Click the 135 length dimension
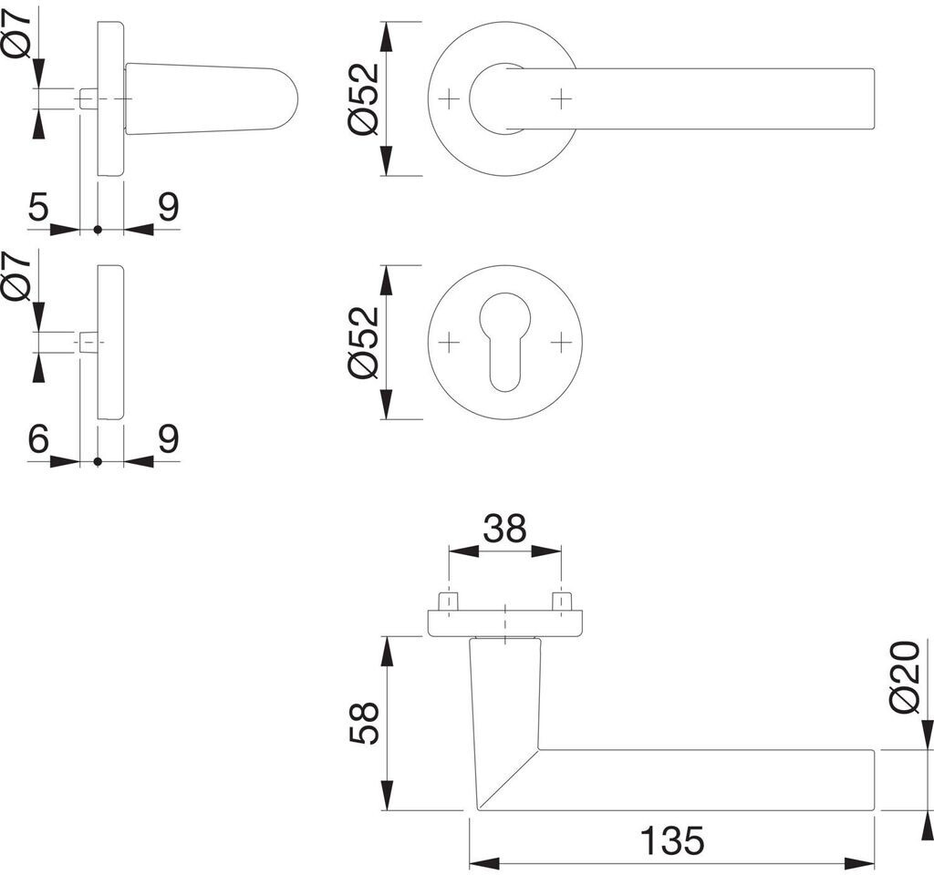[x=671, y=840]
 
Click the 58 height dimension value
[x=364, y=723]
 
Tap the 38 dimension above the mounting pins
[x=504, y=528]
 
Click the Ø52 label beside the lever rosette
[x=364, y=99]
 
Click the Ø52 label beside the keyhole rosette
[x=364, y=342]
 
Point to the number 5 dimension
[x=37, y=208]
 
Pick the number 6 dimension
[x=37, y=440]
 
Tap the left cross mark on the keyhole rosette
[x=447, y=343]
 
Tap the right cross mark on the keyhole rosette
[x=562, y=343]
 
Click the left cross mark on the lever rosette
[x=447, y=98]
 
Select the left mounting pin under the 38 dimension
[x=447, y=602]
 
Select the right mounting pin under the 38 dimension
[x=562, y=602]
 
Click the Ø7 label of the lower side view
[x=17, y=276]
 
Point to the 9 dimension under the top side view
[x=168, y=208]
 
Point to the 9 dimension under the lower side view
[x=168, y=440]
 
